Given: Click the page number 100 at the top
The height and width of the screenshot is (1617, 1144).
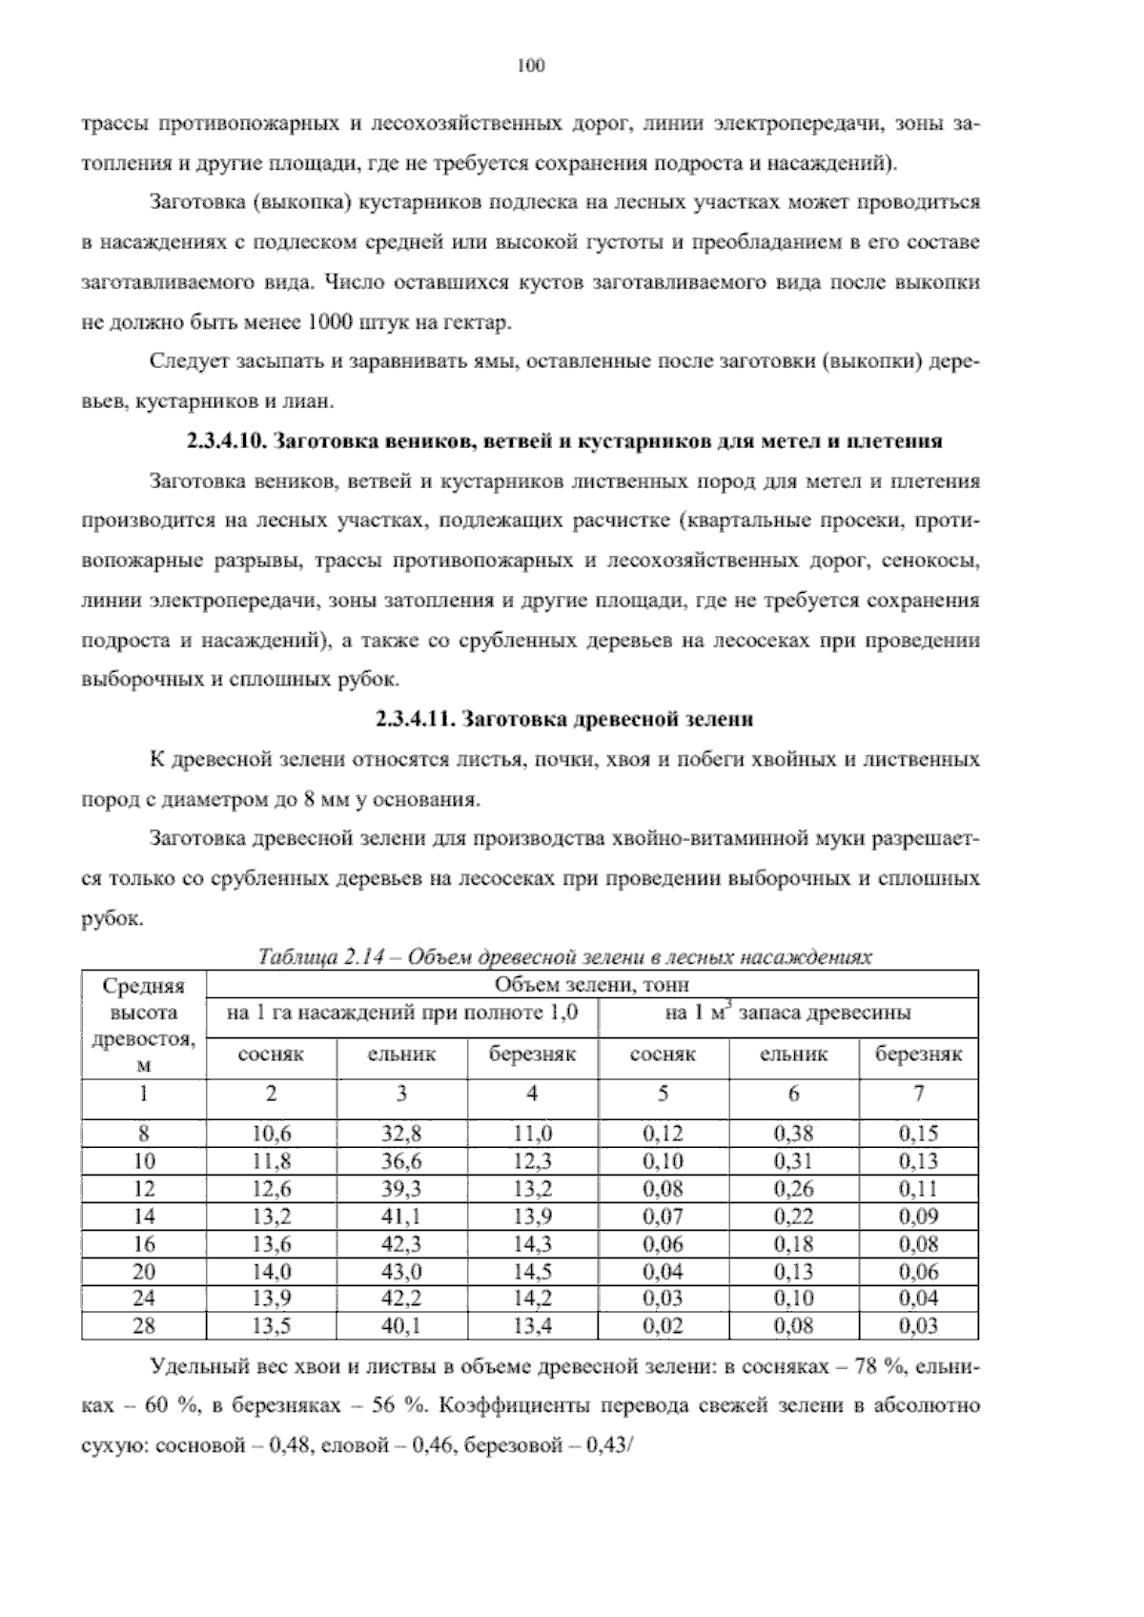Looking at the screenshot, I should click(530, 66).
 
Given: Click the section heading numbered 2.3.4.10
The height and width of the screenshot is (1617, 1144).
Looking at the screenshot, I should click(562, 441).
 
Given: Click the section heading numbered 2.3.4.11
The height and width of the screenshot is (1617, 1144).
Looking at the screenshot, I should click(564, 719).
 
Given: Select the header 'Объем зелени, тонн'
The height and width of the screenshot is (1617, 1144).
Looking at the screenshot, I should click(592, 984).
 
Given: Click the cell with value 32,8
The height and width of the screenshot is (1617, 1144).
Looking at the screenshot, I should click(401, 1134).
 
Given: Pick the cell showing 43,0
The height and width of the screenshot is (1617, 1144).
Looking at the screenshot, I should click(401, 1271).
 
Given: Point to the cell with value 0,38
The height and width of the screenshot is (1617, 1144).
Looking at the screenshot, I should click(793, 1134).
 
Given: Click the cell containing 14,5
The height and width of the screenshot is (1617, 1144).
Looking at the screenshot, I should click(532, 1271).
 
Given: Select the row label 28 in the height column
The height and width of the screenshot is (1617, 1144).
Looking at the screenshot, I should click(144, 1325).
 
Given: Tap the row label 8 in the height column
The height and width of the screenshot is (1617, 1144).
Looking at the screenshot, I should click(144, 1134).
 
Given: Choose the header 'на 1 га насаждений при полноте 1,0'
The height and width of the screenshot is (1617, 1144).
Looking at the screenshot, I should click(401, 1013).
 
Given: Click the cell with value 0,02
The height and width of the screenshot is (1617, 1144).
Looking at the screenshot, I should click(663, 1325).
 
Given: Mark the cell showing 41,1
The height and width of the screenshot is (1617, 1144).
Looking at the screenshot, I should click(401, 1216).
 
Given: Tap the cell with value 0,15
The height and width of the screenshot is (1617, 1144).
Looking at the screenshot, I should click(918, 1134).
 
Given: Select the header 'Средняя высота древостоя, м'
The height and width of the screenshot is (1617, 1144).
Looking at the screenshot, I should click(144, 1025).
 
